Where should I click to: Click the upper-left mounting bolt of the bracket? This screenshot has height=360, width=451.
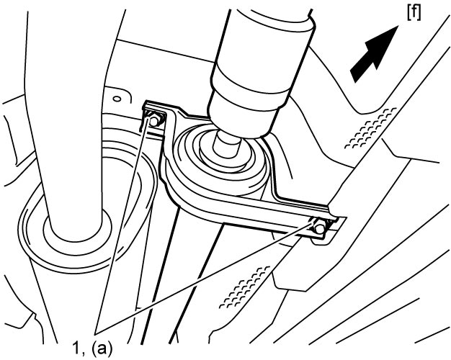pos(154,120)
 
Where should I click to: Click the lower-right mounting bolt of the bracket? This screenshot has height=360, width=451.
pos(318,227)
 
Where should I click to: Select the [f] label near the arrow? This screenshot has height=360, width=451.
pos(414,13)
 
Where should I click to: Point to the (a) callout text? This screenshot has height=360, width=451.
pos(102,349)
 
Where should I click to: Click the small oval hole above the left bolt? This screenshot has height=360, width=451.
pos(117,99)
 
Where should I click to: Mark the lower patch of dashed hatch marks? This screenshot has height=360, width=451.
pos(244,287)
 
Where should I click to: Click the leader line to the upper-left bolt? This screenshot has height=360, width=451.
pos(122,225)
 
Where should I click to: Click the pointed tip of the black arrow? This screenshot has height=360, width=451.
pos(398,26)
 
